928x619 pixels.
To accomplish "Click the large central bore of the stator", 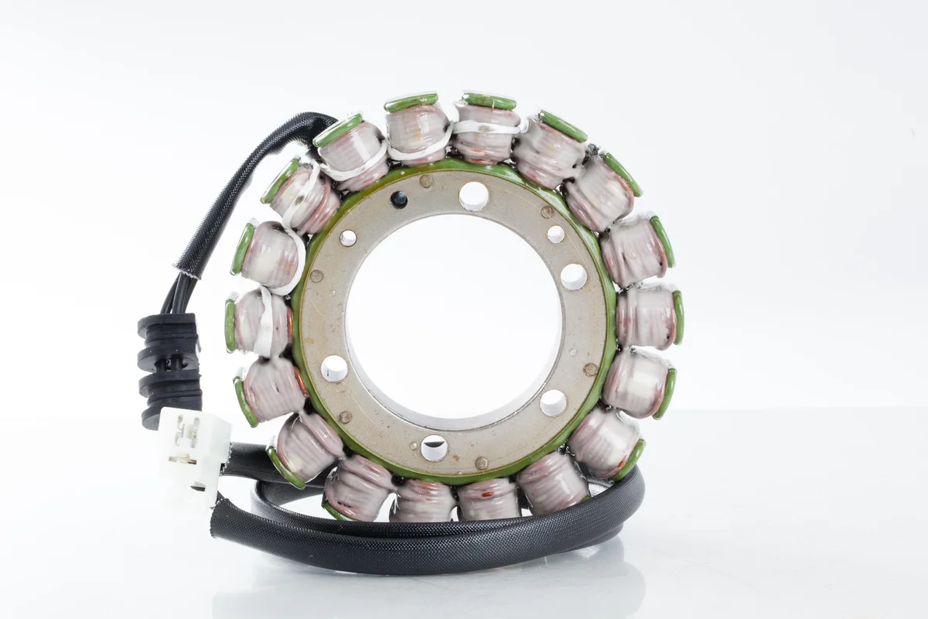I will click(x=452, y=317).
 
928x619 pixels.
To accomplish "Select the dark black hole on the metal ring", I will click(x=399, y=200).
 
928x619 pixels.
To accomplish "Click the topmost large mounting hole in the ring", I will click(x=473, y=196).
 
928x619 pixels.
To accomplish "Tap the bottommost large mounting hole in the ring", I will click(x=433, y=447).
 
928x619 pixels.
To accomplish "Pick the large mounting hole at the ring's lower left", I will click(x=334, y=368).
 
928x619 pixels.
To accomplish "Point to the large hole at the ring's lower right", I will click(x=553, y=402).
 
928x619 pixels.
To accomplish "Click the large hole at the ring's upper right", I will click(x=573, y=276).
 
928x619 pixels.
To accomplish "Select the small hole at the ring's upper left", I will click(x=348, y=238).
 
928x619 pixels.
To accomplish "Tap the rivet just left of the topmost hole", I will click(x=425, y=182).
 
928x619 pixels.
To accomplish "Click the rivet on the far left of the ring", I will click(x=316, y=276).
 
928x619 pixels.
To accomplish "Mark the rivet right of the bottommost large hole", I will click(x=480, y=462).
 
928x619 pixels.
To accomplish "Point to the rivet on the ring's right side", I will click(x=590, y=369).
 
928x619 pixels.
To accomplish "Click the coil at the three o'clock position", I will click(x=650, y=316).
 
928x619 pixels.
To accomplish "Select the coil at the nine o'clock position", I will click(x=259, y=321).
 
